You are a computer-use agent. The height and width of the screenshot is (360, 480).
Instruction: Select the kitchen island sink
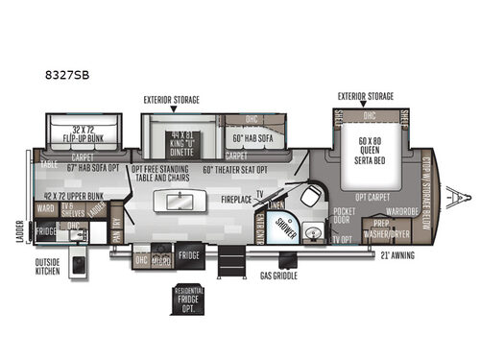coord(180,204)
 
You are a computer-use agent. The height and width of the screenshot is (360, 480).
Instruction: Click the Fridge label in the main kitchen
coord(188,256)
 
